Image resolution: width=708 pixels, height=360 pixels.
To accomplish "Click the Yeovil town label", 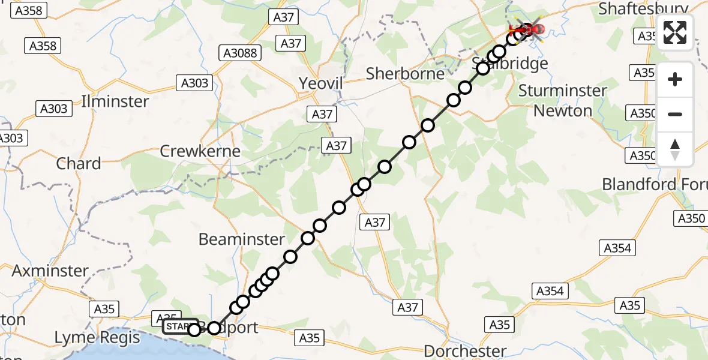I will [321, 84].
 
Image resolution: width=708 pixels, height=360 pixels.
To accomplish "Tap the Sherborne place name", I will [405, 74].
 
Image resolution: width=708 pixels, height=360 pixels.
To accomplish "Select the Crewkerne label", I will [200, 151].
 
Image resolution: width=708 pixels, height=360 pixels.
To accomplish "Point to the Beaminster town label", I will [242, 239].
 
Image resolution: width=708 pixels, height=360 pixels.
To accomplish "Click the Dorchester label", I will [465, 350].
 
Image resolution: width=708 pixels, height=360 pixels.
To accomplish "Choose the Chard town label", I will [79, 163].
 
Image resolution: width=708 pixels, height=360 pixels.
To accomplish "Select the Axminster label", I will [50, 271].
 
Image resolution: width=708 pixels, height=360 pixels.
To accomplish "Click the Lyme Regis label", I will [92, 338].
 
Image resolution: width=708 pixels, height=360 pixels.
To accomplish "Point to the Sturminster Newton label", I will [562, 101].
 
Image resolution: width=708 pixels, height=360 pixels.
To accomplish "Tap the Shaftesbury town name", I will [642, 8].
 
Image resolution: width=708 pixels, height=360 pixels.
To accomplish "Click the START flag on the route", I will [179, 326].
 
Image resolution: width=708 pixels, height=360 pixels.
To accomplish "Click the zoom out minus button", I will [675, 114].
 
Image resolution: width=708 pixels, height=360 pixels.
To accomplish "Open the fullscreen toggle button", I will [675, 32].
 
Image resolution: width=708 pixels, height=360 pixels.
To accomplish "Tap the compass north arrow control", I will [675, 149].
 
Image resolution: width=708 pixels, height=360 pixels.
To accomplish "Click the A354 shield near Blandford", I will [617, 248].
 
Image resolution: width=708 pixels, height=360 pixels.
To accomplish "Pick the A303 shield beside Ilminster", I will [196, 83].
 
